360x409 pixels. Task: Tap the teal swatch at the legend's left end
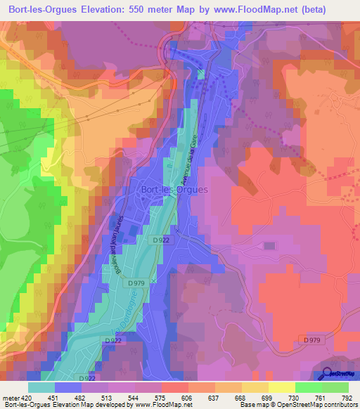41,387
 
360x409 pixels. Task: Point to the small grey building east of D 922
269,245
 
